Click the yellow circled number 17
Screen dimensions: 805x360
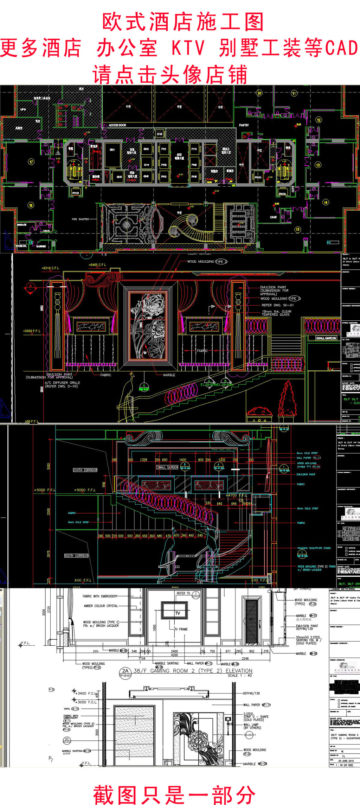(31, 162)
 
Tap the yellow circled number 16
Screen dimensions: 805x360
(31, 205)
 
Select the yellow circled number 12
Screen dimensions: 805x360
(319, 120)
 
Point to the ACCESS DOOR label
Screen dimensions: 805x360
(117, 125)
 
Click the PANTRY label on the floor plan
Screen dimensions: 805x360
(244, 125)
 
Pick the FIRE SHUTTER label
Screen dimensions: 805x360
(80, 219)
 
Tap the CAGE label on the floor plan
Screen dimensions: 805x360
(273, 217)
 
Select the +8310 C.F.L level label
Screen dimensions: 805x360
(50, 268)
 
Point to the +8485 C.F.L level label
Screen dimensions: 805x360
(97, 265)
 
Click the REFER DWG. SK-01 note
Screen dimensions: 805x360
(277, 305)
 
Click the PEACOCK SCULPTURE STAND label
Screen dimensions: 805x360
(314, 548)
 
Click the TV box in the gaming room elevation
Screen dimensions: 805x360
(178, 613)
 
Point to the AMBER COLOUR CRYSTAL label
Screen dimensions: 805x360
(101, 606)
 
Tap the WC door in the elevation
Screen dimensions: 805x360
(251, 622)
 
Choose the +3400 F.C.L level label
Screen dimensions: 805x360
(86, 693)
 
